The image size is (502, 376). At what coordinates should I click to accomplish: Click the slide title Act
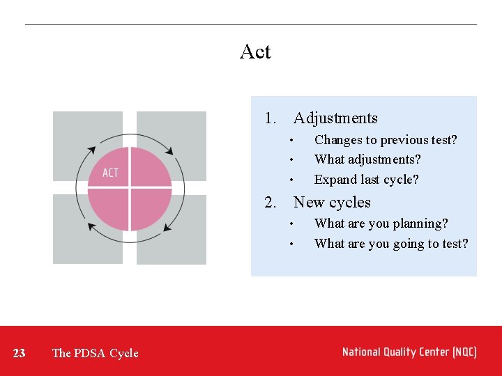click(255, 52)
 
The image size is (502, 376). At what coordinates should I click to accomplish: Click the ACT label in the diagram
click(110, 173)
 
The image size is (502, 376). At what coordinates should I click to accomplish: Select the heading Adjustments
click(335, 118)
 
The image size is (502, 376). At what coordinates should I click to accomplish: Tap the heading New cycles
click(332, 203)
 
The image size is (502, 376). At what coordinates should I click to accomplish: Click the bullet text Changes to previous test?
click(386, 140)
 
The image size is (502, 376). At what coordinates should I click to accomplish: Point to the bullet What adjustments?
click(367, 159)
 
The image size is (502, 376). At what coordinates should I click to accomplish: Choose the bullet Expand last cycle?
click(366, 180)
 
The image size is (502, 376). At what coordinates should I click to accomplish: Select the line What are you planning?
click(381, 224)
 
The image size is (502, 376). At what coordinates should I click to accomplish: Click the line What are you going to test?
click(391, 244)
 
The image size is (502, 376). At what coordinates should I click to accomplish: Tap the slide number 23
click(20, 353)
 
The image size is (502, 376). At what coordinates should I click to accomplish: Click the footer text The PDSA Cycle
click(95, 353)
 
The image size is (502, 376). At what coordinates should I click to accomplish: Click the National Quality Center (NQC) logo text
click(409, 352)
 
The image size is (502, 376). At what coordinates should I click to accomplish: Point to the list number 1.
click(271, 118)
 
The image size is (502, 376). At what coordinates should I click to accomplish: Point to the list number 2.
click(271, 203)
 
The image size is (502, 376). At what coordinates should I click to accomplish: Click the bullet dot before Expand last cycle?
click(293, 180)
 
